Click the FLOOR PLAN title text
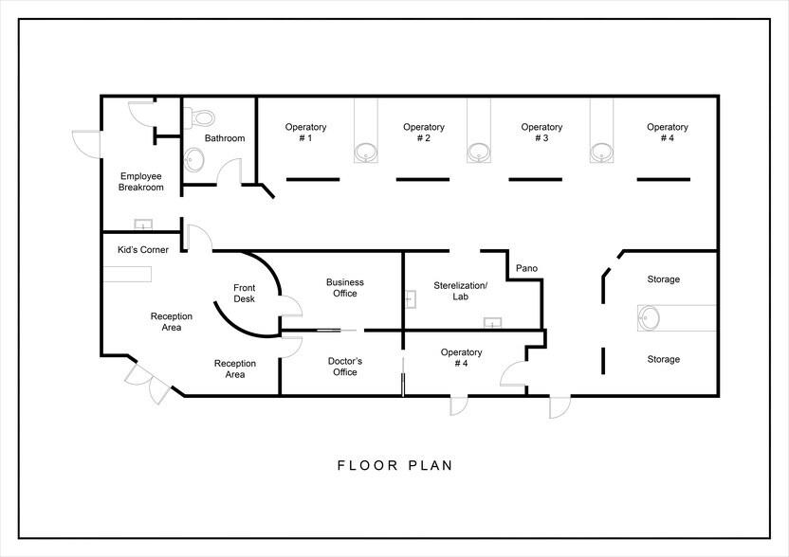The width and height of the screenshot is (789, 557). click(394, 466)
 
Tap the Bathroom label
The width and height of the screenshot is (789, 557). click(225, 138)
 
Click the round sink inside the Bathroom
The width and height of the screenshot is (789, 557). click(193, 158)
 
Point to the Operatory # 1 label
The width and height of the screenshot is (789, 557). click(305, 133)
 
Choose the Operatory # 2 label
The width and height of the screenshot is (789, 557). click(423, 133)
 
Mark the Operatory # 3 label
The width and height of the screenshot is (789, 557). click(541, 133)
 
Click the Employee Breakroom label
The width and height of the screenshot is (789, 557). click(141, 182)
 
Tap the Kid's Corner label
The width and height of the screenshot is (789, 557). click(143, 249)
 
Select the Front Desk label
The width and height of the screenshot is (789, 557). click(245, 294)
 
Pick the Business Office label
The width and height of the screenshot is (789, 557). click(345, 288)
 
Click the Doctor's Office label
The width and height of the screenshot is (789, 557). click(345, 367)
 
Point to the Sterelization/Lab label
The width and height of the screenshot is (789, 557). click(461, 291)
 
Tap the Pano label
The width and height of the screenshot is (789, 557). click(526, 269)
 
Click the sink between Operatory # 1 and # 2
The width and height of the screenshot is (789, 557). click(365, 151)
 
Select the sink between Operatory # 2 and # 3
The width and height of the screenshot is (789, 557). click(480, 151)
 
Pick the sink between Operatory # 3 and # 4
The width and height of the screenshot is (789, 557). click(599, 151)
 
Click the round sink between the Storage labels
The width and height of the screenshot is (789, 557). click(651, 319)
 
